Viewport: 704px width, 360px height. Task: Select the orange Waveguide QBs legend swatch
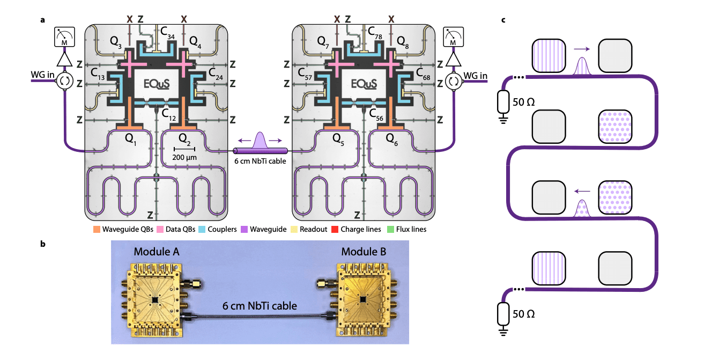[x=97, y=229]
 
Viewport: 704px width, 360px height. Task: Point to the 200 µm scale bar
[x=184, y=148]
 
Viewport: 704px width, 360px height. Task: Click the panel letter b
[x=42, y=244]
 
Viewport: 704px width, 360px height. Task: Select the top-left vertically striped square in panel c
[x=548, y=55]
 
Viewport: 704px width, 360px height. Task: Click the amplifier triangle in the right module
[x=453, y=59]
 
